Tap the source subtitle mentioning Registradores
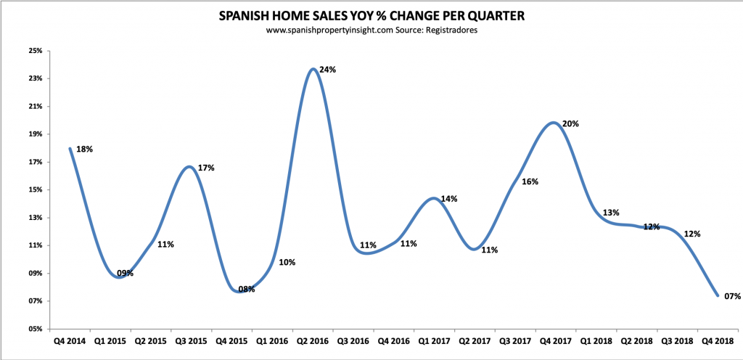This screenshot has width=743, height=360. [x=371, y=31]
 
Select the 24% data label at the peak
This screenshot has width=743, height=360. [x=327, y=70]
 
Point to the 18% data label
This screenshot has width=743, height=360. [x=84, y=149]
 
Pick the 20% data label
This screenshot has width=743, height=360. [x=570, y=123]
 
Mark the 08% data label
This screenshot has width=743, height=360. [x=246, y=289]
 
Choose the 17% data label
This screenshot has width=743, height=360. [x=206, y=168]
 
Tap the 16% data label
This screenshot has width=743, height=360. [x=530, y=181]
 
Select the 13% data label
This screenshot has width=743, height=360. [x=610, y=213]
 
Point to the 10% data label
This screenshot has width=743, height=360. [x=287, y=262]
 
